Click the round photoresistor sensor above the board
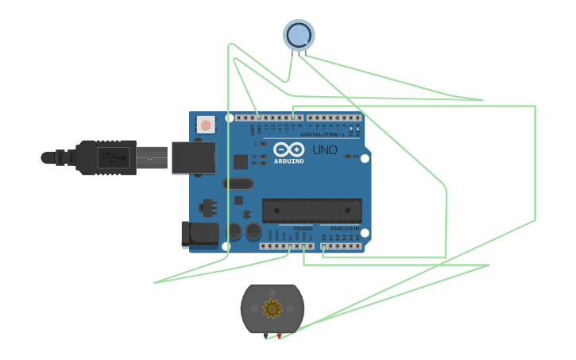pyautogui.click(x=299, y=35)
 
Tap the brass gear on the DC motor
pyautogui.click(x=273, y=308)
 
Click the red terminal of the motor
pyautogui.click(x=280, y=337)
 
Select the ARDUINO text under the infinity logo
pyautogui.click(x=288, y=161)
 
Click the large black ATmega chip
pyautogui.click(x=312, y=210)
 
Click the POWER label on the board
pyautogui.click(x=302, y=227)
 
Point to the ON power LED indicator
pyautogui.click(x=348, y=157)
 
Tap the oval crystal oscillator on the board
pyautogui.click(x=238, y=184)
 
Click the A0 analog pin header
pyautogui.click(x=326, y=246)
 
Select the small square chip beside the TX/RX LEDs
pyautogui.click(x=240, y=161)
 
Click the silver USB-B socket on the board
pyautogui.click(x=192, y=157)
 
